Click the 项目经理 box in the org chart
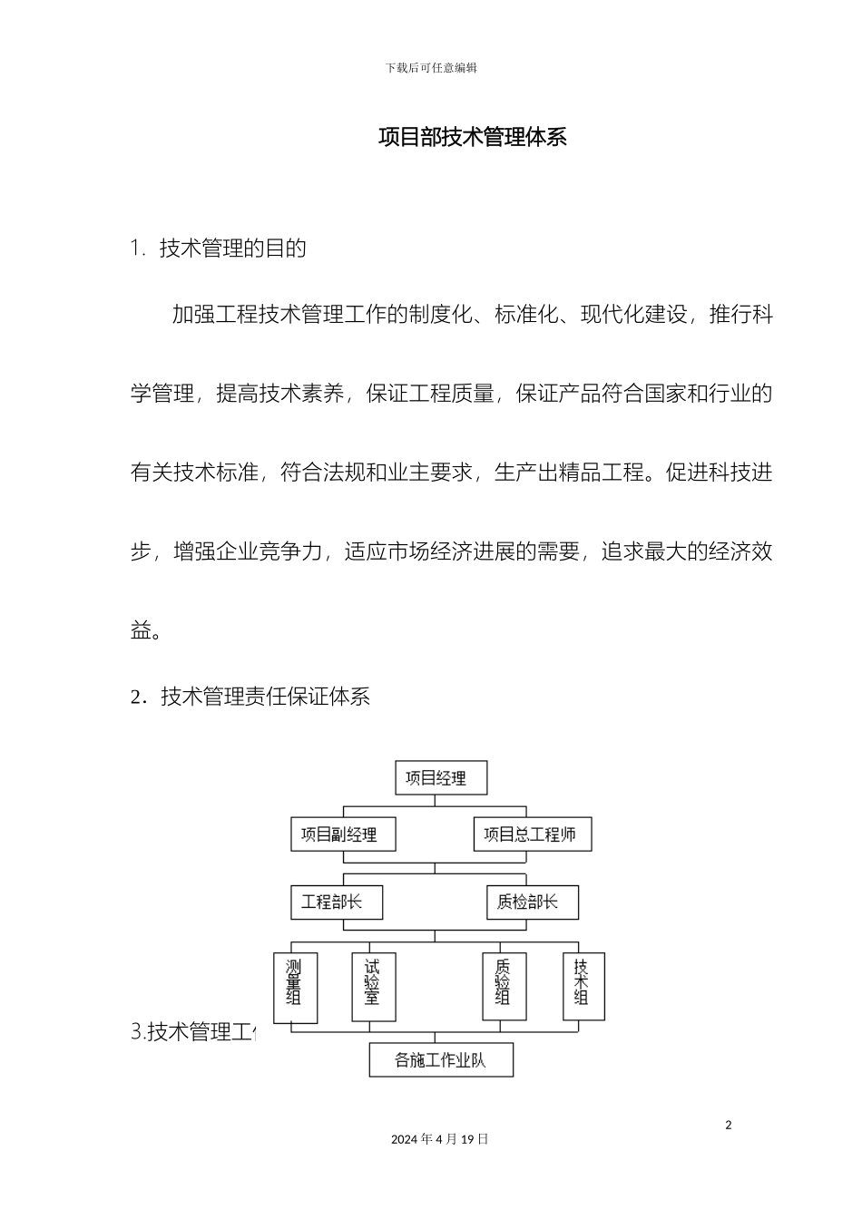[441, 778]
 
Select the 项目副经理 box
[343, 834]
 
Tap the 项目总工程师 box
[532, 834]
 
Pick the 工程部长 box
[337, 902]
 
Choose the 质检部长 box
[532, 902]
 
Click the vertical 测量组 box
[295, 987]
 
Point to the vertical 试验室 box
[373, 987]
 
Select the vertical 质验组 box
[504, 987]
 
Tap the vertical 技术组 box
[583, 986]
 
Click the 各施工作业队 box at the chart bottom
[441, 1059]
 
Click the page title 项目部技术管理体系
[472, 137]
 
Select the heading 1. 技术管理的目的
[219, 249]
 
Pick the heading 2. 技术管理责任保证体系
[250, 697]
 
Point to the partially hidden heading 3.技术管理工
[194, 1032]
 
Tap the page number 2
[728, 1126]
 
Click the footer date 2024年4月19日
[440, 1139]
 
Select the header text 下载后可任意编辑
[431, 68]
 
